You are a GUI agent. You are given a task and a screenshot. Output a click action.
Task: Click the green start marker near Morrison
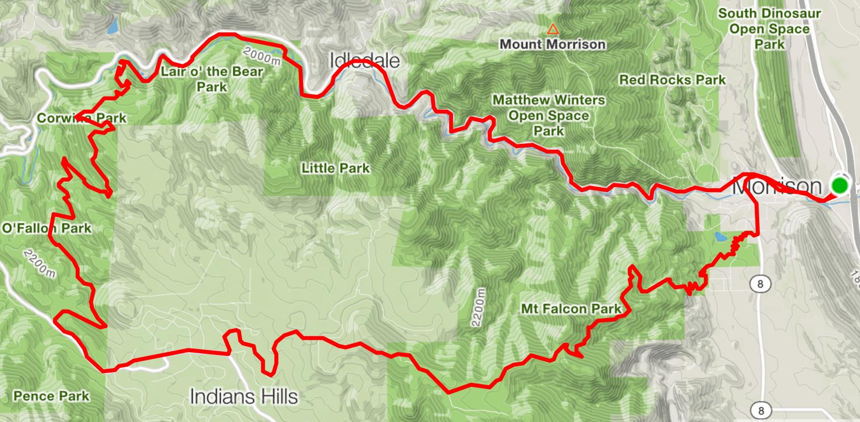840,185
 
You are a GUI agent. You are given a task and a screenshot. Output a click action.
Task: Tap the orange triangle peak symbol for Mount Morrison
553,29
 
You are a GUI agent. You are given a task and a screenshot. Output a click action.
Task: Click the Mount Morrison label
552,44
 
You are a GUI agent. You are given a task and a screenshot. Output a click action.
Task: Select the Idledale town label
364,60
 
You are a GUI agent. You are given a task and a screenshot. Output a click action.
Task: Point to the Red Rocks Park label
672,80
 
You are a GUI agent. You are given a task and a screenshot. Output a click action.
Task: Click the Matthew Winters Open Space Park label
548,115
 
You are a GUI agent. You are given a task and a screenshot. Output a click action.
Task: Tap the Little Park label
335,168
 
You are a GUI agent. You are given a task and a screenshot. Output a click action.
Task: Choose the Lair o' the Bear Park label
212,78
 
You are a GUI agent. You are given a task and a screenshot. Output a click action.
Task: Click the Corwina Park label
81,118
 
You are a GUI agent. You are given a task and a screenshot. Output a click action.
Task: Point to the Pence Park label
51,396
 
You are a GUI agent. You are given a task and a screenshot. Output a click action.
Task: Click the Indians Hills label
244,396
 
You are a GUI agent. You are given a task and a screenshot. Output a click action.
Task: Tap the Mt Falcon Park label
571,309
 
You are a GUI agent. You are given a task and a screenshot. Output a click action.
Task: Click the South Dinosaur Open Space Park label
769,29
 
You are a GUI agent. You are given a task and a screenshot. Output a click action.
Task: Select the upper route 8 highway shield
760,284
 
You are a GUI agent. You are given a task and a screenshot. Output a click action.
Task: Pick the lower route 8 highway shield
760,410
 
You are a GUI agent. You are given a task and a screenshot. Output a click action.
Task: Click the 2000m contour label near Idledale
261,56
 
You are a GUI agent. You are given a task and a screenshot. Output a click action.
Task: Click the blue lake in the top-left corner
112,27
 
